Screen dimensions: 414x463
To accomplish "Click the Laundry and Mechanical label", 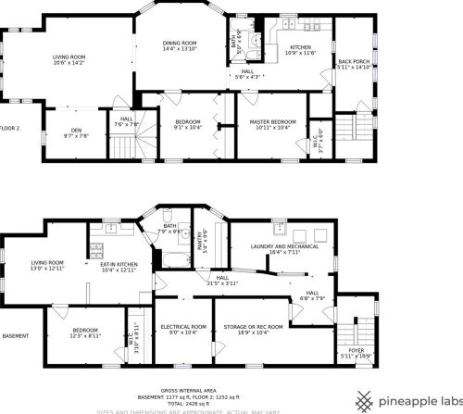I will click(284, 247).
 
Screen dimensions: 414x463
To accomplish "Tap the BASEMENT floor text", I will click(15, 335).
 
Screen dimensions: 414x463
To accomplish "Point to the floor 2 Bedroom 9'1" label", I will click(188, 125).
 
